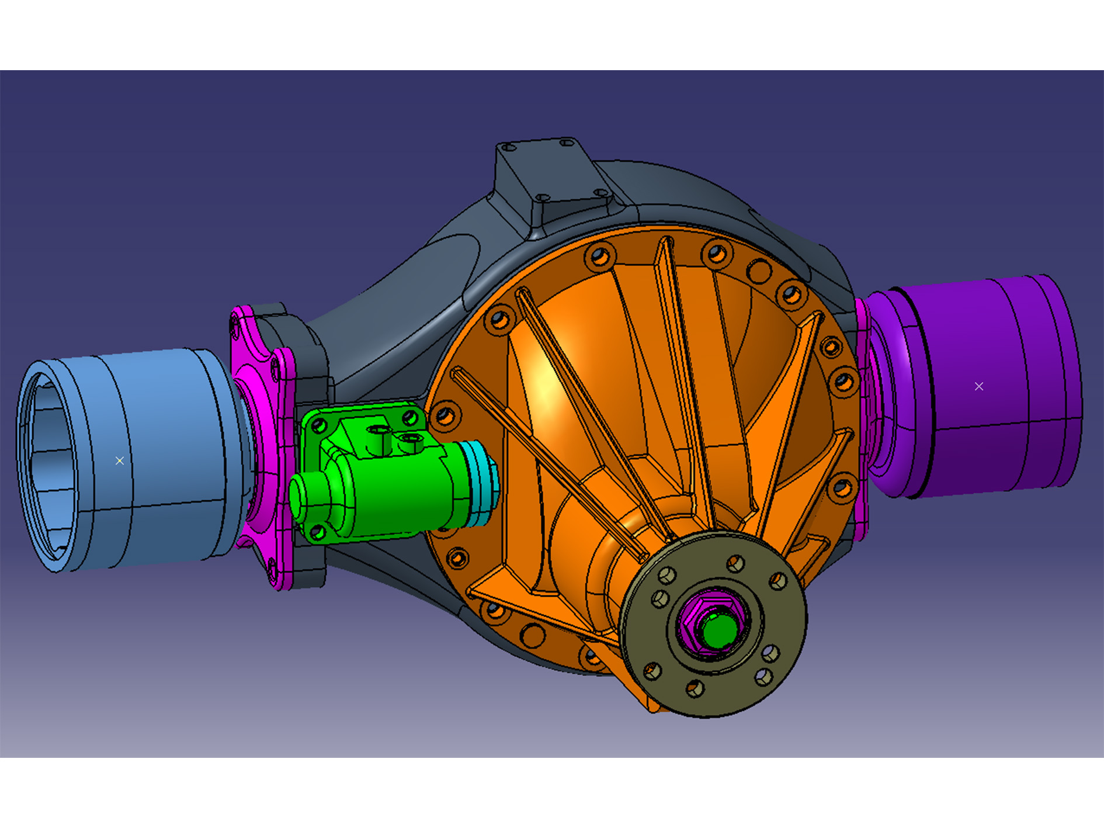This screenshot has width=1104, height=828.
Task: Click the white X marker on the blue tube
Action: pos(119,461)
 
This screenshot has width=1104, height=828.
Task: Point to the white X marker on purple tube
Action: pos(979,386)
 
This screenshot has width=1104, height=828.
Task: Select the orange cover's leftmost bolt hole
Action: pos(445,415)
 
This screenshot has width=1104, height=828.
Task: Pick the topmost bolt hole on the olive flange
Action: pos(735,563)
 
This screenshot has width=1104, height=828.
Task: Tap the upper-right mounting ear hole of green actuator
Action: pos(410,418)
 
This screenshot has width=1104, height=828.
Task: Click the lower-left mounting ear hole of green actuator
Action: pos(317,532)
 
